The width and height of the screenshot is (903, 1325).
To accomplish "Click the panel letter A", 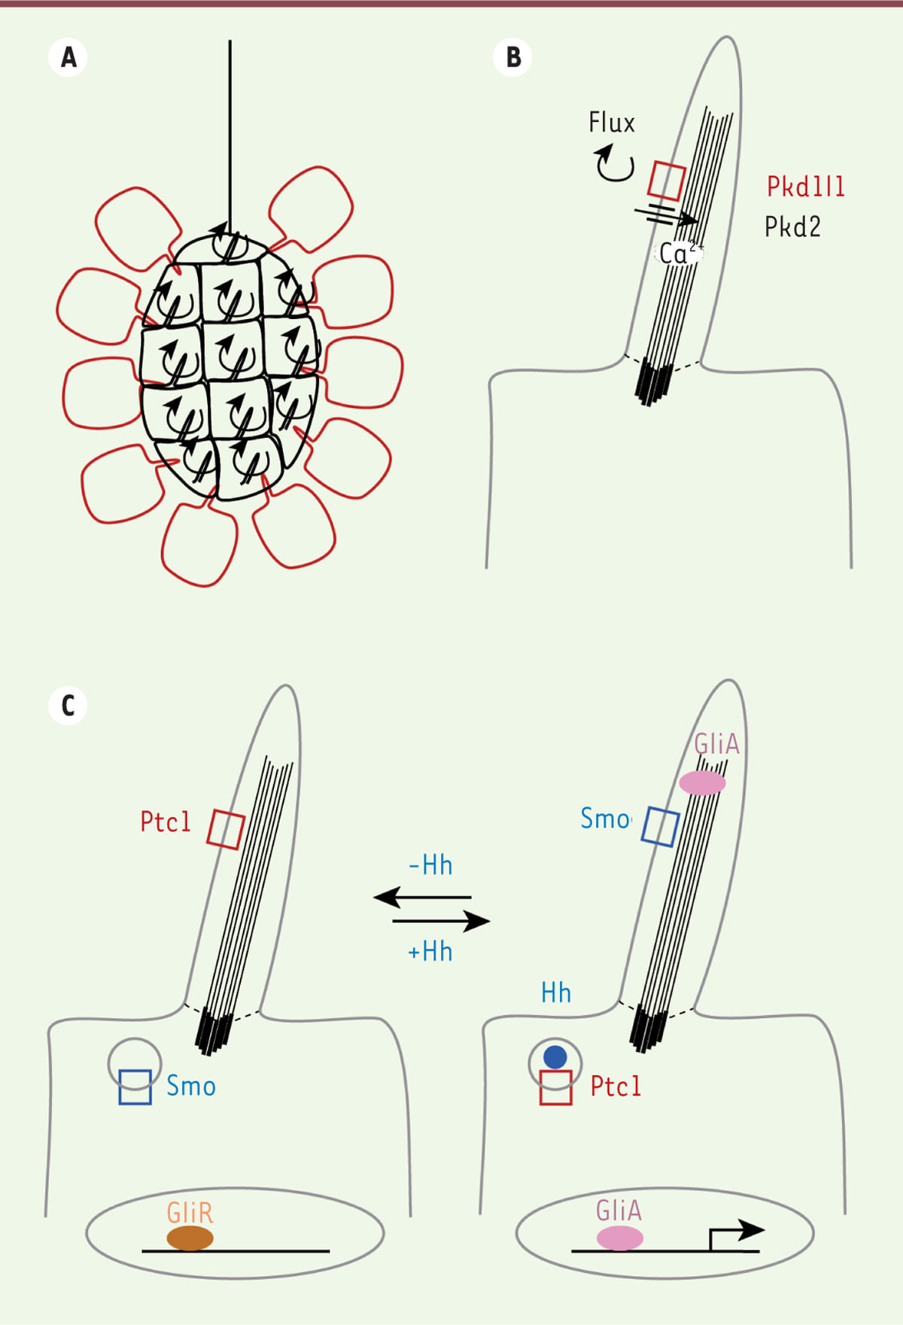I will tap(68, 57).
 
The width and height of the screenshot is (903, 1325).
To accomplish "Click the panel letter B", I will tap(513, 57).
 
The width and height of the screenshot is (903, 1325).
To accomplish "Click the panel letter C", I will tap(68, 706).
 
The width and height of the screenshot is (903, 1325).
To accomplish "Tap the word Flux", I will tap(611, 123).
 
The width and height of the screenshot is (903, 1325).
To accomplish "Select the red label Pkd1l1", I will tap(805, 187).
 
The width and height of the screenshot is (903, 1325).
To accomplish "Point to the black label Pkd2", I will tap(792, 226).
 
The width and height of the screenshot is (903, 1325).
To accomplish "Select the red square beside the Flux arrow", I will tap(667, 181).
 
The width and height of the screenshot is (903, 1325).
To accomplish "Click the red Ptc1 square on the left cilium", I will tap(226, 829).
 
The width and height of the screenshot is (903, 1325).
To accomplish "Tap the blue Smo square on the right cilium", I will tap(660, 827).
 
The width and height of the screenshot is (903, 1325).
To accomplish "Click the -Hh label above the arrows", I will tap(430, 865).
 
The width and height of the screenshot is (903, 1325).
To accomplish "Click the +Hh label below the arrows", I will tap(430, 952).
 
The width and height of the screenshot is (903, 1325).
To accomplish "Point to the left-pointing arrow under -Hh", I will tap(422, 897).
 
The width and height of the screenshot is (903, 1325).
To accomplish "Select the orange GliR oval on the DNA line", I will tap(190, 1238).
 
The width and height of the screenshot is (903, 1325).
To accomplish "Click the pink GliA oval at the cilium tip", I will tap(702, 783).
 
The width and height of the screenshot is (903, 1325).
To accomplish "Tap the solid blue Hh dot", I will tap(555, 1057).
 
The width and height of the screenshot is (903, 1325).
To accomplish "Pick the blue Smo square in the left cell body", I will tap(135, 1087).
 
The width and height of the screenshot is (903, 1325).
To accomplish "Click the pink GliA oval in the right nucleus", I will tap(619, 1238).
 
